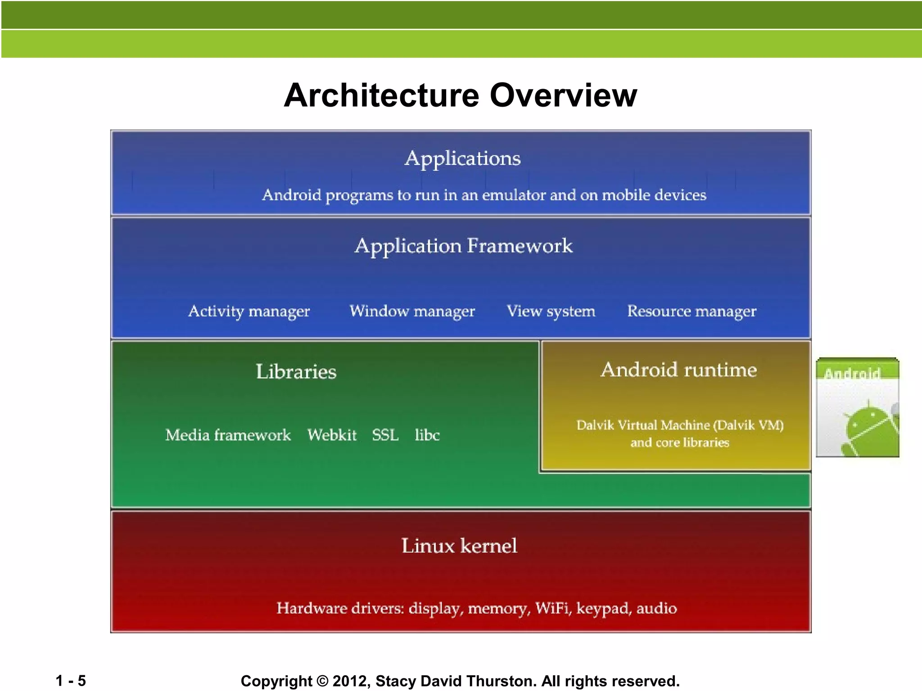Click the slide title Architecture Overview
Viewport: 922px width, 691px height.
tap(461, 95)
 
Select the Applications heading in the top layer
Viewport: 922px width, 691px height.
tap(462, 158)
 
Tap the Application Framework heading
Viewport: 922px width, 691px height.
tap(463, 246)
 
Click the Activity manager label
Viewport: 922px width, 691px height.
tap(249, 311)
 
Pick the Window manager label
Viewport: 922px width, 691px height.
tap(412, 311)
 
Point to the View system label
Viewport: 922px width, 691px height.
tap(551, 311)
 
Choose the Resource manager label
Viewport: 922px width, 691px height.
tap(691, 311)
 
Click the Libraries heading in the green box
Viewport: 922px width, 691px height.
tap(296, 372)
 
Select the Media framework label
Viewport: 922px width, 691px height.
tap(228, 435)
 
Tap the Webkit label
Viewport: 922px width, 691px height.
tap(332, 435)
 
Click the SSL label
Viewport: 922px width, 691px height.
tap(385, 435)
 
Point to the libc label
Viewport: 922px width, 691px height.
tap(427, 435)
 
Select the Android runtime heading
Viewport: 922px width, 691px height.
tap(678, 370)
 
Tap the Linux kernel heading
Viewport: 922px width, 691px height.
tap(459, 546)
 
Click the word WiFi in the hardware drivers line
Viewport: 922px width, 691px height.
tap(553, 608)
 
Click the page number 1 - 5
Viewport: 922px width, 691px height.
tap(71, 681)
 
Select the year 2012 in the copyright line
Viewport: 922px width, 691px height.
tap(351, 681)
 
